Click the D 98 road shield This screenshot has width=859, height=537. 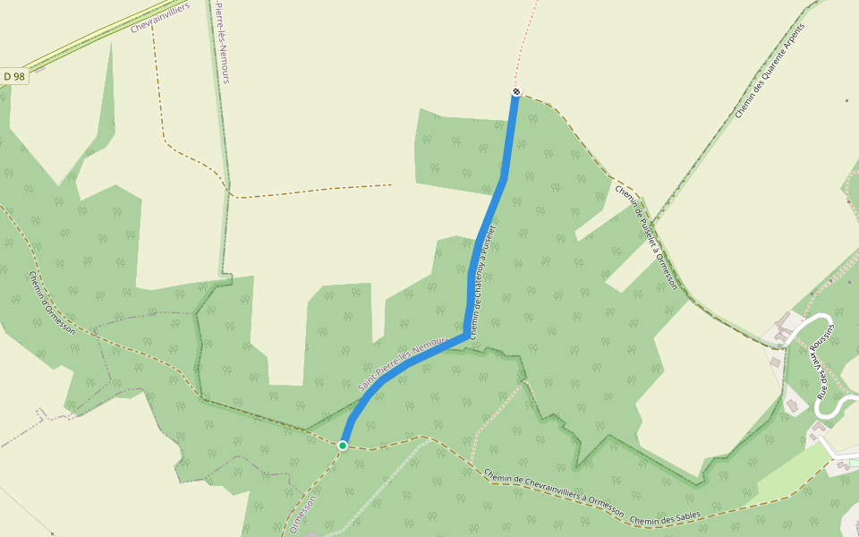coord(13,77)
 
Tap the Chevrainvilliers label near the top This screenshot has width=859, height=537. coord(163,16)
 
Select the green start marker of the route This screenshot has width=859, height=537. coord(343,445)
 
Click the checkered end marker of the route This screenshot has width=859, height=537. coord(516,91)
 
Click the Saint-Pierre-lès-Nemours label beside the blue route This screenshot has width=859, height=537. coord(402,362)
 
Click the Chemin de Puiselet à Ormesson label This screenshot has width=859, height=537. coord(645,234)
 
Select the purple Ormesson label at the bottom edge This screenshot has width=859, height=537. coord(303,514)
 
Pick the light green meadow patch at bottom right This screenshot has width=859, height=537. coord(796,470)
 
